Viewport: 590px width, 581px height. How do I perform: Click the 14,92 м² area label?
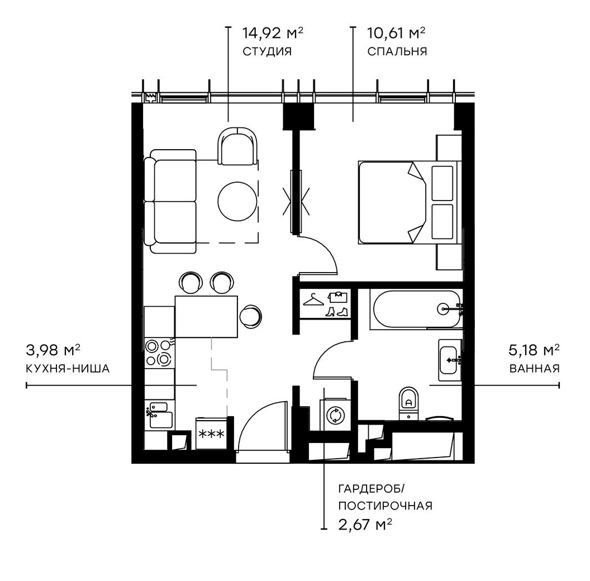point(272,32)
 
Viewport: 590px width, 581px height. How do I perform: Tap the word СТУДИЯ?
point(267,52)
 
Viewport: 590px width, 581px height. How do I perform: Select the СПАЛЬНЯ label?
point(397,52)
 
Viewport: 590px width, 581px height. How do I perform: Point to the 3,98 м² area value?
point(54,350)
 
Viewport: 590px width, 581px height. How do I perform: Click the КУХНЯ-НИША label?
point(67,369)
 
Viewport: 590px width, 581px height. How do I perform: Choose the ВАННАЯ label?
point(534,369)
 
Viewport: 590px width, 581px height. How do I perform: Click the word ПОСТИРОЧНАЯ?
point(385,506)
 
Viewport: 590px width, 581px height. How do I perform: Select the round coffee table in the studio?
point(237,202)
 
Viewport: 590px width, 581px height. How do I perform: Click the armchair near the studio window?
point(237,146)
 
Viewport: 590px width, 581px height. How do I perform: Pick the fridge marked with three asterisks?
point(212,434)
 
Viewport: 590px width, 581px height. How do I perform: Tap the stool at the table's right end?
point(250,316)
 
